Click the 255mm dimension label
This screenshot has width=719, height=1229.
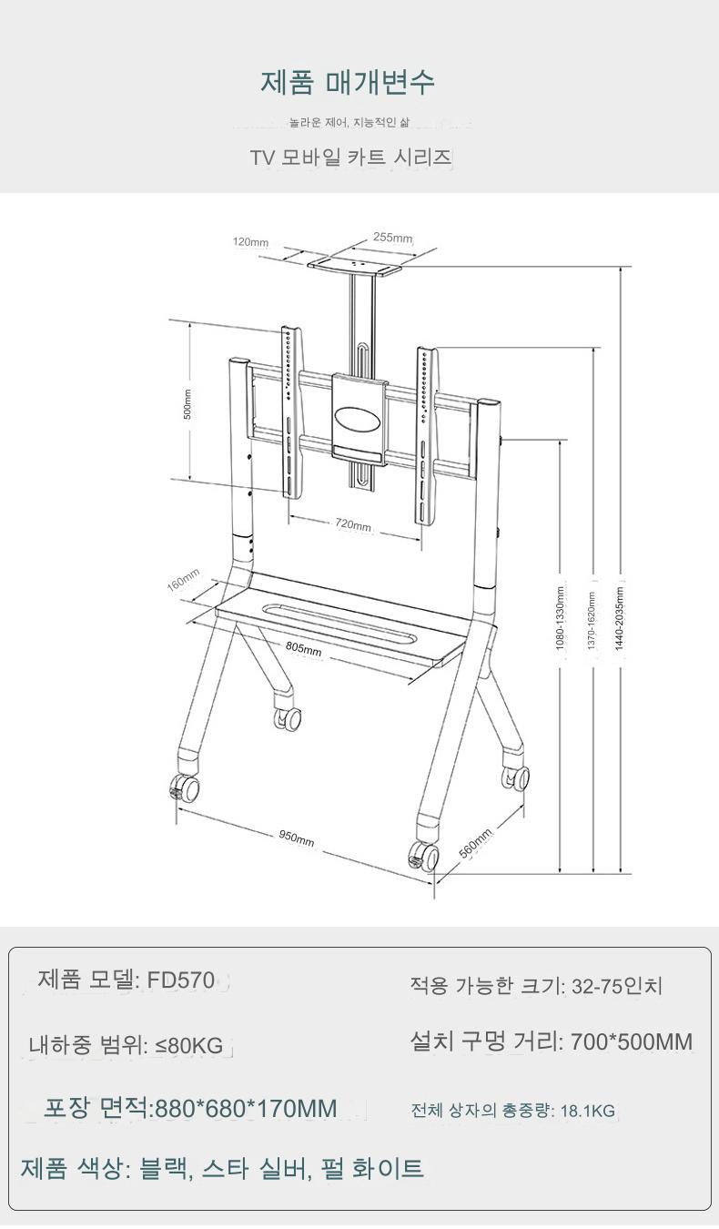pyautogui.click(x=392, y=238)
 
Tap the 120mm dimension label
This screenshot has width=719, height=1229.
pyautogui.click(x=250, y=242)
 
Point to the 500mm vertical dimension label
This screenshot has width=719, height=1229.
pyautogui.click(x=187, y=404)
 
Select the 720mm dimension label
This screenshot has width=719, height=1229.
pyautogui.click(x=353, y=524)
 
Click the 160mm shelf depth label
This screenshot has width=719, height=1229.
pyautogui.click(x=183, y=580)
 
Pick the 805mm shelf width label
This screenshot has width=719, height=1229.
pyautogui.click(x=303, y=648)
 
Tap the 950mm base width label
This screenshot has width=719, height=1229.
pyautogui.click(x=297, y=838)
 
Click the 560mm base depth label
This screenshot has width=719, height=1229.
pyautogui.click(x=475, y=843)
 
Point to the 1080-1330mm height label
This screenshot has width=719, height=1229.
pyautogui.click(x=560, y=618)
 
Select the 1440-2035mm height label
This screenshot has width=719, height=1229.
pyautogui.click(x=619, y=618)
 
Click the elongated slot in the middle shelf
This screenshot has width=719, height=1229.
pyautogui.click(x=340, y=624)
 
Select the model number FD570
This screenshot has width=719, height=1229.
pyautogui.click(x=181, y=980)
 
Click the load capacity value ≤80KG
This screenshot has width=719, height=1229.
pyautogui.click(x=189, y=1046)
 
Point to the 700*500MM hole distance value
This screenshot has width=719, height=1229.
pyautogui.click(x=632, y=1041)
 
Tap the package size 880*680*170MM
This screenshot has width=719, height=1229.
pyautogui.click(x=247, y=1108)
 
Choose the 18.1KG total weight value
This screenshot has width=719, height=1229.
pyautogui.click(x=587, y=1111)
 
